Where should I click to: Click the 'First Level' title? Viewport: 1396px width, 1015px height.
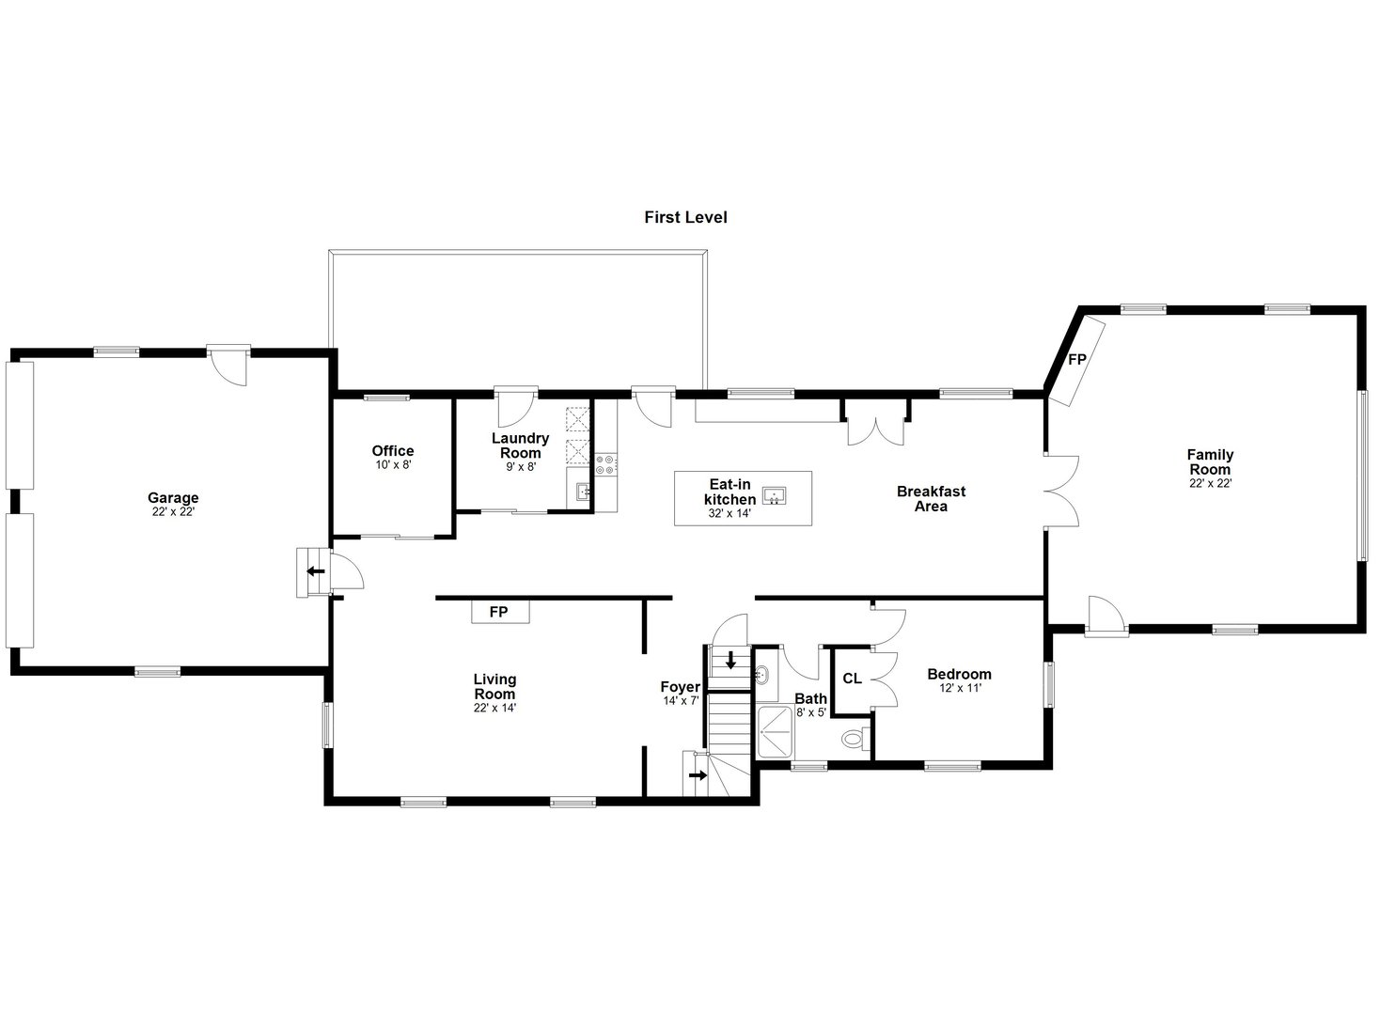[x=685, y=217]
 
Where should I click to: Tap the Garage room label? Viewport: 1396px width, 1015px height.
[x=173, y=498]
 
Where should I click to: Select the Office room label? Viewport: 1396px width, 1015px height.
[x=392, y=451]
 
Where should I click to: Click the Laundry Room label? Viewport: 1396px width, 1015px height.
[x=520, y=445]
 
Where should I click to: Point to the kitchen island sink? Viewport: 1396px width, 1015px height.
[x=774, y=495]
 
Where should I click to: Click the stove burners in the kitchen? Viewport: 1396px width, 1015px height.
[x=605, y=463]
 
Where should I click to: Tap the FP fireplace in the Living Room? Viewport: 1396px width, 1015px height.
[x=499, y=612]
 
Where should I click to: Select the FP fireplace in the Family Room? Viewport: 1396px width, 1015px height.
[x=1077, y=360]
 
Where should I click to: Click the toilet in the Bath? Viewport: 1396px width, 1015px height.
[x=853, y=740]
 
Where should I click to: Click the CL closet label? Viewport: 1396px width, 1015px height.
[x=852, y=679]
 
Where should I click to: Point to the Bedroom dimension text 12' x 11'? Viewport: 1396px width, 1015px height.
[x=959, y=688]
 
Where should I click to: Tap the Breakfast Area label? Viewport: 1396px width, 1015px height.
[x=931, y=498]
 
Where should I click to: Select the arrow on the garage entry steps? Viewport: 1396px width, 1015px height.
[x=315, y=570]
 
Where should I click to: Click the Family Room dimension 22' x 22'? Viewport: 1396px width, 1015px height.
[x=1210, y=483]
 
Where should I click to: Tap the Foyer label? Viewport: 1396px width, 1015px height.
[x=680, y=687]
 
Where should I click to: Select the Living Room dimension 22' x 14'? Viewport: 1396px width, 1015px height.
[x=494, y=708]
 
